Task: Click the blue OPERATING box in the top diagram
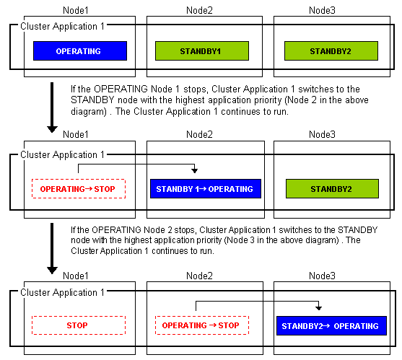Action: tap(80, 51)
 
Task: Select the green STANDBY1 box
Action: tap(202, 51)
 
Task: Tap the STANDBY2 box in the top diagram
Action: tap(331, 51)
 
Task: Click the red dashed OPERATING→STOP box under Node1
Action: tap(79, 188)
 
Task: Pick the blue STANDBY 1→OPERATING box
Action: tap(206, 188)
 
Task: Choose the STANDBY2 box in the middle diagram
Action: tap(332, 188)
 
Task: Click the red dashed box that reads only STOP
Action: tap(79, 325)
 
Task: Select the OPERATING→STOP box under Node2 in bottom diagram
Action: tap(202, 325)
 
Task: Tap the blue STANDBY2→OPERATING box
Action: tap(331, 325)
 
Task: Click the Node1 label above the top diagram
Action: tap(76, 11)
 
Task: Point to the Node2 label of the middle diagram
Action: tap(199, 134)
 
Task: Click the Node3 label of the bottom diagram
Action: tap(322, 276)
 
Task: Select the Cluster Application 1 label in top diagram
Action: tap(62, 27)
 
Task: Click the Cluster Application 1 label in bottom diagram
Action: tap(62, 292)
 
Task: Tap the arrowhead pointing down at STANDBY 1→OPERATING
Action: tap(195, 170)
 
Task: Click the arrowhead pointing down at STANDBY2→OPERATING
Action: tap(319, 307)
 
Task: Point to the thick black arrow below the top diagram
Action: tap(52, 107)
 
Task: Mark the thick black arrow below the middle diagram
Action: tap(52, 249)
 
